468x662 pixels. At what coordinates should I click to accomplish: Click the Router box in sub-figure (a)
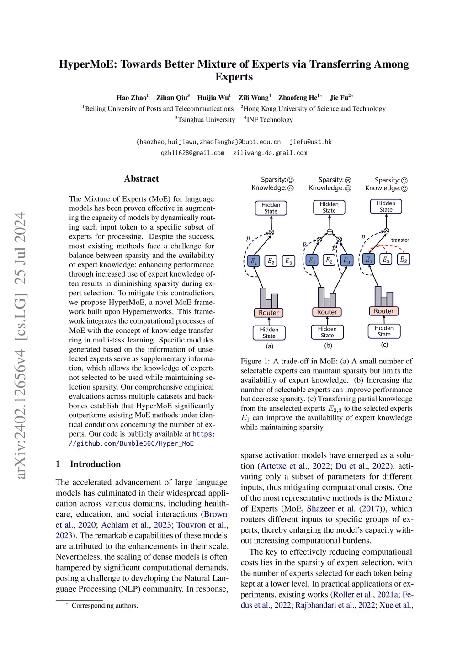point(269,313)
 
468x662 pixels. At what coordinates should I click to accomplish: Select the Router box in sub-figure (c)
point(383,311)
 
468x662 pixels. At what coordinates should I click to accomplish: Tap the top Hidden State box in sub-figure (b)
point(329,207)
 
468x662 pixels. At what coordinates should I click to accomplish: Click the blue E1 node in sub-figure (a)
point(253,261)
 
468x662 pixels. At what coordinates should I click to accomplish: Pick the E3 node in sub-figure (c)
point(404,259)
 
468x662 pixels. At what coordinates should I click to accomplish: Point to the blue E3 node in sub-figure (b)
point(346,261)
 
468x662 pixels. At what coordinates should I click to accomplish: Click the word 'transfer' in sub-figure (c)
point(400,240)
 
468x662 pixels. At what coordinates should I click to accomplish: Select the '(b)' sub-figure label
point(328,346)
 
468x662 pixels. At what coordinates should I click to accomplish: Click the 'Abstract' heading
point(141,179)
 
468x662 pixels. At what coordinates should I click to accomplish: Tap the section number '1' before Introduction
point(58,464)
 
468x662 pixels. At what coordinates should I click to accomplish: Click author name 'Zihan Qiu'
point(172,97)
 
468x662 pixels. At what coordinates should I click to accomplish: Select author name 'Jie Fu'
point(340,97)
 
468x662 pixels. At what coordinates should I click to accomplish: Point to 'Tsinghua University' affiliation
point(206,120)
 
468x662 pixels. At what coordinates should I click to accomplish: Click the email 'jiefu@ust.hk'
point(310,142)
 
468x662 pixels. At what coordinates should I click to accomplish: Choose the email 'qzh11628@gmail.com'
point(192,153)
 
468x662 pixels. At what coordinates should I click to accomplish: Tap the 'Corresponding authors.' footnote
point(105,605)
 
